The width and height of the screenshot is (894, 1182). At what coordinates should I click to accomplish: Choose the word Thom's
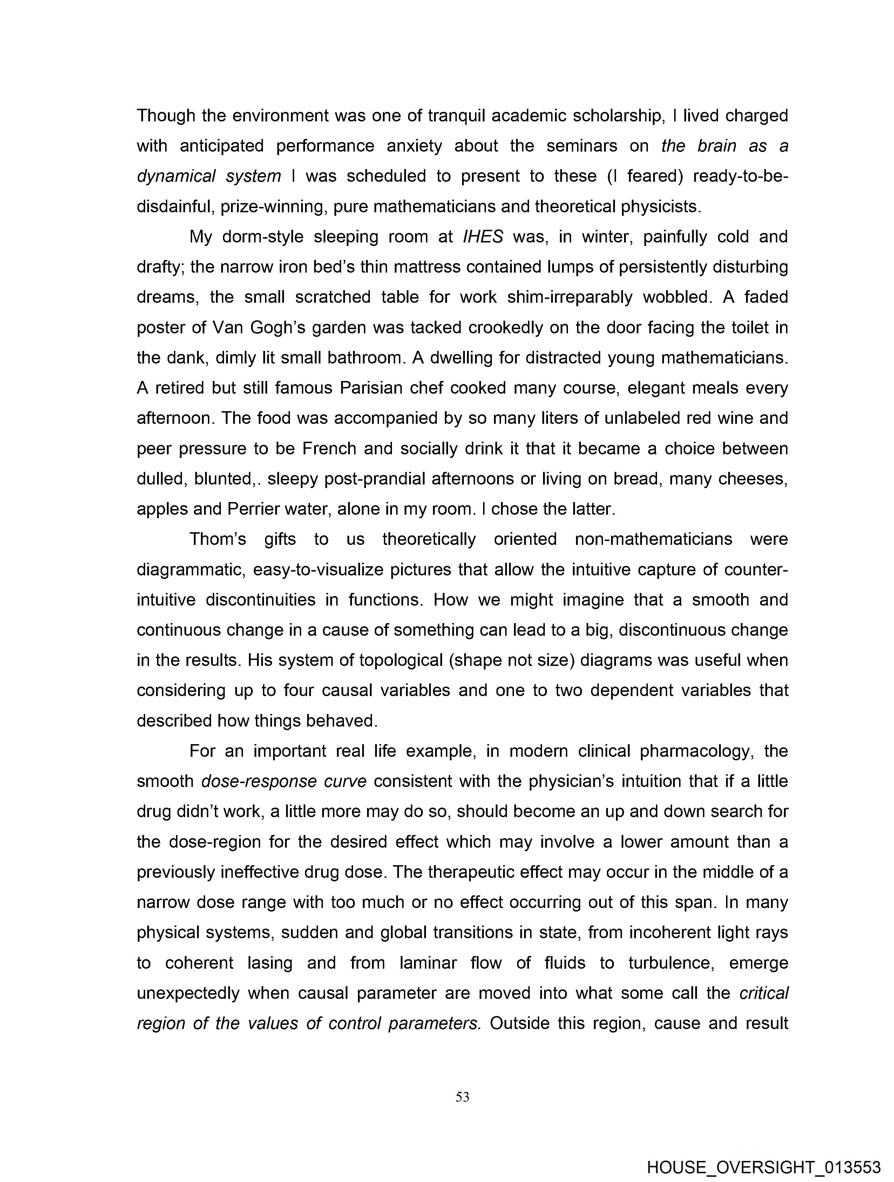(218, 539)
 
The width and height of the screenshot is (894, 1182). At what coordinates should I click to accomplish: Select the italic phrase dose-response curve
(284, 781)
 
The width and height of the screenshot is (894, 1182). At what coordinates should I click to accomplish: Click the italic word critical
(764, 993)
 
